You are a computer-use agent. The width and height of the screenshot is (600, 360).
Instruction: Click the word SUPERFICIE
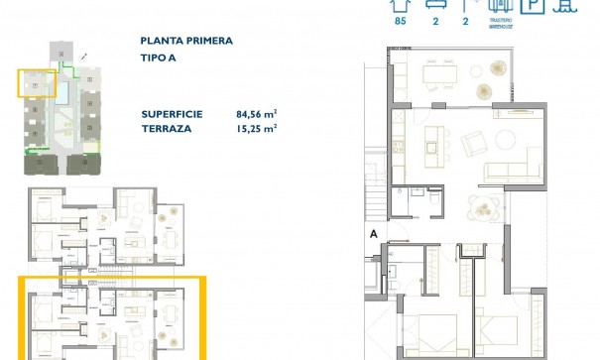click(172, 114)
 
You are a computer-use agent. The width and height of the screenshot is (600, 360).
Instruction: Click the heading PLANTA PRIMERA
click(186, 42)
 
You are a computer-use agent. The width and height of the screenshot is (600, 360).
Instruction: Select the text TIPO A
click(159, 59)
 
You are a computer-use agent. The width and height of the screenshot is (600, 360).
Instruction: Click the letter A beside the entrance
click(374, 235)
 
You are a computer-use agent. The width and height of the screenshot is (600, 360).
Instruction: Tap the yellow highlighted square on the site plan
click(36, 83)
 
